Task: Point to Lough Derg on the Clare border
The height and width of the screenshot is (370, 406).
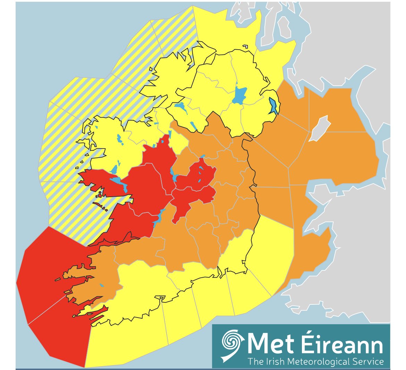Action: [x=159, y=217]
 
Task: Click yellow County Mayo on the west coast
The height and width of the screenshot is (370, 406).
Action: [x=108, y=146]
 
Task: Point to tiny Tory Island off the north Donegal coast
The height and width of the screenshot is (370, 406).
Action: [x=245, y=47]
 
